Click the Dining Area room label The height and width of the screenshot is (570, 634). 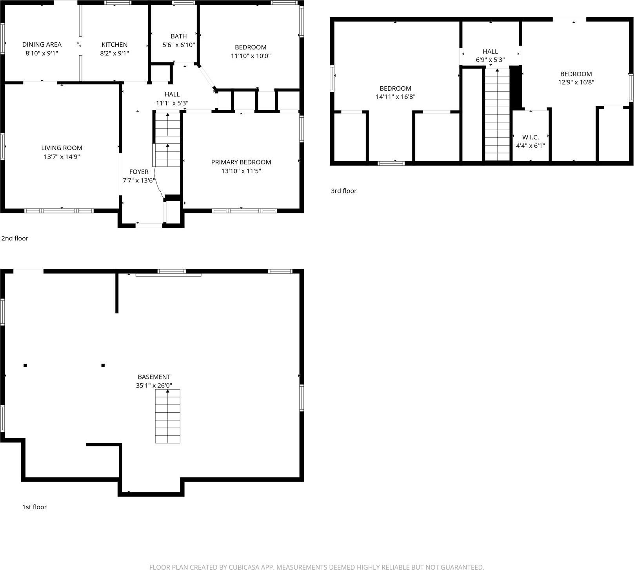click(42, 44)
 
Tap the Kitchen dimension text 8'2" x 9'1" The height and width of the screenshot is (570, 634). click(114, 53)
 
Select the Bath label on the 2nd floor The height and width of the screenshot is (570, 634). click(178, 36)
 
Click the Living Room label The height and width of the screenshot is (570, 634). click(62, 148)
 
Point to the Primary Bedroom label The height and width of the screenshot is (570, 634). click(241, 162)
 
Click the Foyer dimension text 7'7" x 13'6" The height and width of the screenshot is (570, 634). click(139, 180)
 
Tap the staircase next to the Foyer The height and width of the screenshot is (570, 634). click(167, 139)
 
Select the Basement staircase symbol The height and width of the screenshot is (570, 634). click(167, 416)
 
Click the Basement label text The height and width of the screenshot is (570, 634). click(154, 377)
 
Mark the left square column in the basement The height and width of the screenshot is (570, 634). click(25, 365)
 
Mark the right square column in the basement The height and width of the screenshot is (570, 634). click(103, 365)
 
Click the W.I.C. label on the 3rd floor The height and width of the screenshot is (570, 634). click(530, 137)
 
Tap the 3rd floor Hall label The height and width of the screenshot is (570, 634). click(490, 51)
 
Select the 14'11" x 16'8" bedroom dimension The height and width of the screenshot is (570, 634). click(395, 97)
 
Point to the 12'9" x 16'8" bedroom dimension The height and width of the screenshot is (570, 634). click(576, 82)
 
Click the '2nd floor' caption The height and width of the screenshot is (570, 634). click(15, 238)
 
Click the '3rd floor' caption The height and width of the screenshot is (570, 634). click(343, 191)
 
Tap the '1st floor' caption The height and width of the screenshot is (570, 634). click(34, 507)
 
